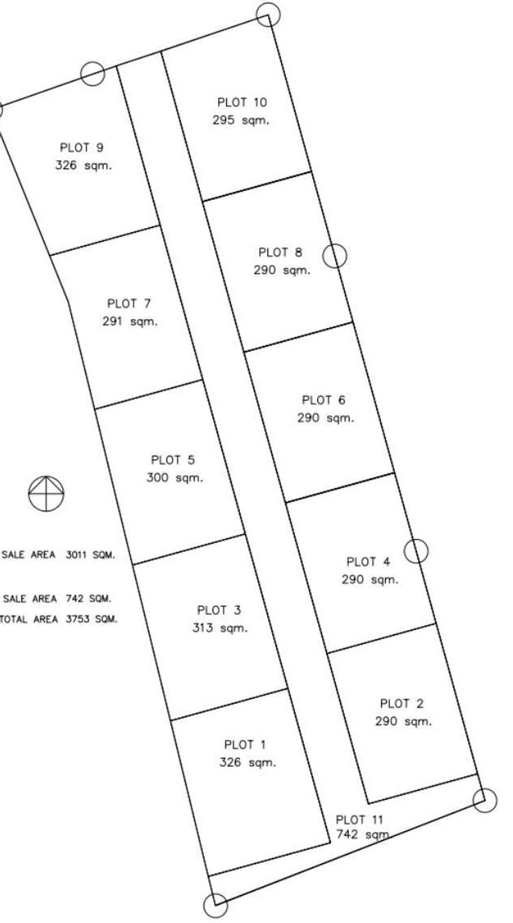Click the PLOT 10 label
[242, 103]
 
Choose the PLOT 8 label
[280, 253]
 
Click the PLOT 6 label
[325, 400]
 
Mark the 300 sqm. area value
[174, 478]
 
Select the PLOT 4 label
[368, 562]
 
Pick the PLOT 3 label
[219, 610]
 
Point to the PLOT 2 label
[402, 703]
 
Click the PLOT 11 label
[360, 820]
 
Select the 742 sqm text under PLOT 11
[363, 835]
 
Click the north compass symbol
[46, 493]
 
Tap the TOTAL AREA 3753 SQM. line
[59, 619]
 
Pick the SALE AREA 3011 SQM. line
[59, 555]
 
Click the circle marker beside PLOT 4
[416, 550]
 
